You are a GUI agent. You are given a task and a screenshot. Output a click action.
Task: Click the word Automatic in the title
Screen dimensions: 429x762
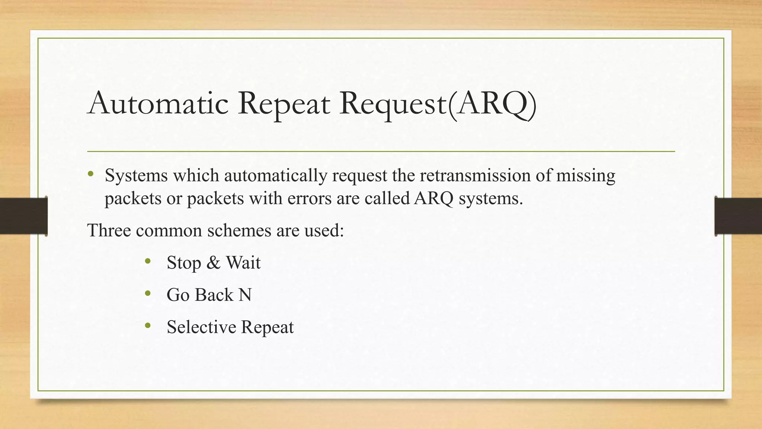point(158,103)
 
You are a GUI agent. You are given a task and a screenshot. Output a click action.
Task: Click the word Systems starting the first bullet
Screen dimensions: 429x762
point(136,175)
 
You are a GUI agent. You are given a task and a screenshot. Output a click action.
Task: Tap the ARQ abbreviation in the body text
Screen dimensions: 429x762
point(433,198)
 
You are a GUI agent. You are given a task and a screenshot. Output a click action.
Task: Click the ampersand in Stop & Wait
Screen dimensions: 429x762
point(213,263)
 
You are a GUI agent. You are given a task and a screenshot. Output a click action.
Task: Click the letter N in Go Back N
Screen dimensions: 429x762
point(245,295)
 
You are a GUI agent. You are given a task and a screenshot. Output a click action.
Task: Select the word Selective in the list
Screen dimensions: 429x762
point(201,327)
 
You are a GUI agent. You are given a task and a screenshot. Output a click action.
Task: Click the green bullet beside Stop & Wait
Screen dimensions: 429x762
point(148,261)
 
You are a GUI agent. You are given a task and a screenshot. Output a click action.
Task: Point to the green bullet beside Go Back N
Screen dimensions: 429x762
point(148,294)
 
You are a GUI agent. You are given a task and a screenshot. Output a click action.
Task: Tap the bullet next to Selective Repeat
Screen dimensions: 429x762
point(148,326)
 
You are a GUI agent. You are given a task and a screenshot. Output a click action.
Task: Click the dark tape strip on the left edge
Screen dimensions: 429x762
point(23,216)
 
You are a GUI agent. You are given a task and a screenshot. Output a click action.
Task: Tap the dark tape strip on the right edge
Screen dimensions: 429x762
point(738,216)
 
